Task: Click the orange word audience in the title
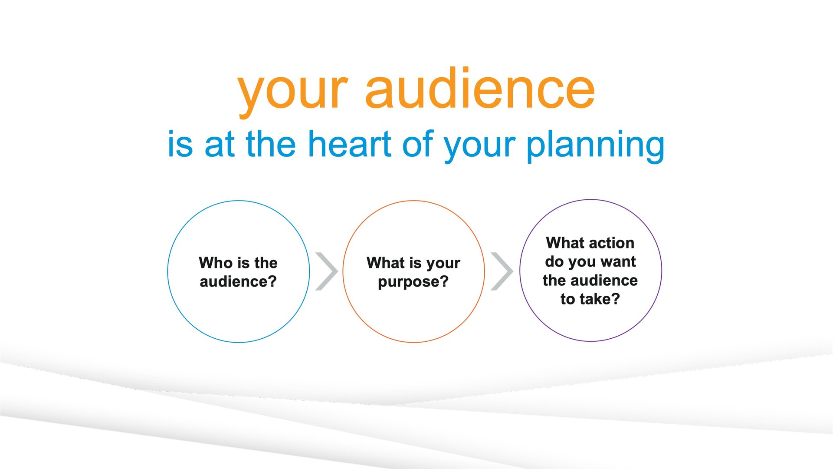tap(480, 89)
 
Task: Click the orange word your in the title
tap(293, 91)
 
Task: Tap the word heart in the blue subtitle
tap(350, 144)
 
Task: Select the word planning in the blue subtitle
tap(595, 146)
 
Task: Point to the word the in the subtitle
tap(271, 144)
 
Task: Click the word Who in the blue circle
tap(215, 263)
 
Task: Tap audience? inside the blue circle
tap(238, 281)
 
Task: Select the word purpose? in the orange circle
tap(413, 282)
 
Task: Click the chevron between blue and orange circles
tap(327, 271)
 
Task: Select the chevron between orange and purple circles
tap(502, 271)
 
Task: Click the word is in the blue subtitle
tap(180, 144)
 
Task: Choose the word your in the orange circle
tap(443, 264)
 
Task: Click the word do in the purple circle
tap(554, 261)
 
